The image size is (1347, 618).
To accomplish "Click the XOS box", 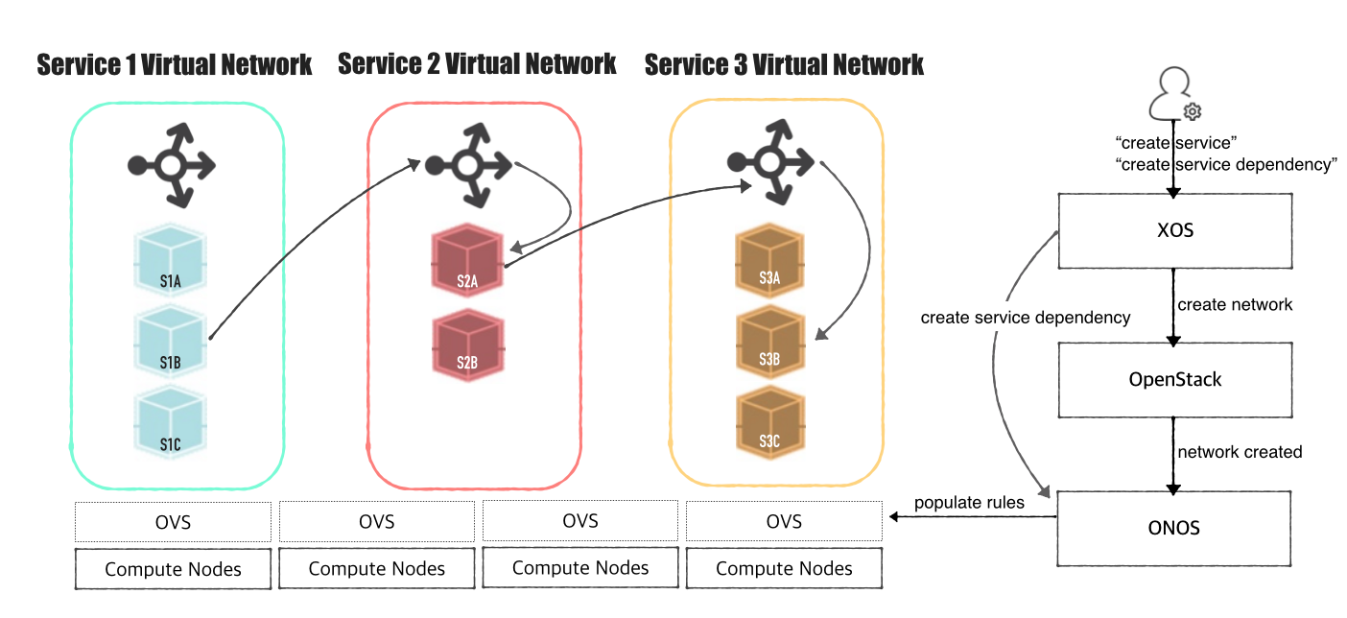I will pos(1174,230).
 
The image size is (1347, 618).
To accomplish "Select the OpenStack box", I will pos(1174,379).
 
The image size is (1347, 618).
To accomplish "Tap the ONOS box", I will pos(1174,528).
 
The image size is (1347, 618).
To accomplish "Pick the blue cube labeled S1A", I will pos(171,260).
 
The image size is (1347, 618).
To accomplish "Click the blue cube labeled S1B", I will pos(171,342).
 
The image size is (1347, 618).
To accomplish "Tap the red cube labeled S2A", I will pos(467,261).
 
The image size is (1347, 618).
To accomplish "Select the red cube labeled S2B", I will pos(467,344).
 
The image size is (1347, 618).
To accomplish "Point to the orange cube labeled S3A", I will pos(769,260).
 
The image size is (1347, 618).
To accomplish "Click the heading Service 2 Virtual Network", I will pos(477,64).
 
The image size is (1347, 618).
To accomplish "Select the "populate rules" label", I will pos(969,502).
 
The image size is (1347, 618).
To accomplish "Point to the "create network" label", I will pos(1235,304).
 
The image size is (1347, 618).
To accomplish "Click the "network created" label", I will pos(1240,451).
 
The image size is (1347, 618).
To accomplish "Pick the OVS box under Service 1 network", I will pos(174,522).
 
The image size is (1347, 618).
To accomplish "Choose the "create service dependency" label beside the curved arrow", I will pos(1025,317).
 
